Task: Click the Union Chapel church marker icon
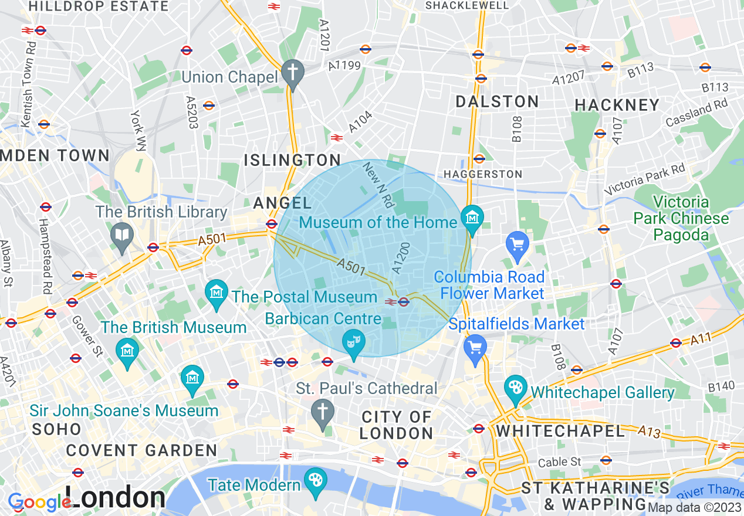[292, 73]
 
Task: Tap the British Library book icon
[122, 236]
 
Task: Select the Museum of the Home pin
[472, 218]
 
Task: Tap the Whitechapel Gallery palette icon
[516, 388]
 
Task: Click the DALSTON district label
[497, 101]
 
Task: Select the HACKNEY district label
[617, 105]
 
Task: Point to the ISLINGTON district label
[292, 160]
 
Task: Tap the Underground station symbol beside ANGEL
[271, 223]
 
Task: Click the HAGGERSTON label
[482, 174]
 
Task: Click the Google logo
[39, 502]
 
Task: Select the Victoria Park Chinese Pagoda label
[681, 219]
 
